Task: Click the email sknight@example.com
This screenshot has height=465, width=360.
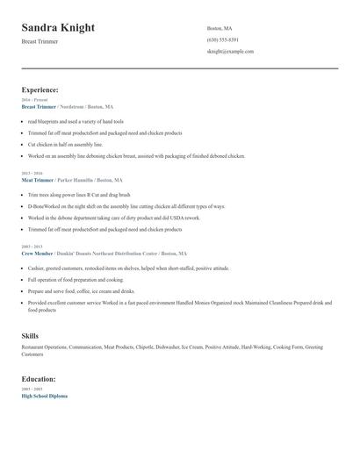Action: (230, 52)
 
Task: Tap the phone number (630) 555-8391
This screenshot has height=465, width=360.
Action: (222, 39)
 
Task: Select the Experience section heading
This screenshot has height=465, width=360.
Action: (40, 89)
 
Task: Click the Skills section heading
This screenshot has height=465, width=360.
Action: (30, 336)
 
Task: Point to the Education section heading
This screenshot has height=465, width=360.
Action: (39, 379)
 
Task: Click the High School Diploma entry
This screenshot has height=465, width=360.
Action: (44, 396)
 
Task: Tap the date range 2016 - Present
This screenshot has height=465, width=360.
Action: (34, 100)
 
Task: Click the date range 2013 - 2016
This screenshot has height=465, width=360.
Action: (32, 173)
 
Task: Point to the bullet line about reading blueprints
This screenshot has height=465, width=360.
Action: (76, 121)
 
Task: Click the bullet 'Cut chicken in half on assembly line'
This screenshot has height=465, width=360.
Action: (65, 144)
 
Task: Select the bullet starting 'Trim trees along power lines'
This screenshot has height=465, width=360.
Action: (79, 194)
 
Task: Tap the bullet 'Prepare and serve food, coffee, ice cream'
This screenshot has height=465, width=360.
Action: (81, 290)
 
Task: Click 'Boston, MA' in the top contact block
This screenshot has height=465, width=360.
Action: (220, 28)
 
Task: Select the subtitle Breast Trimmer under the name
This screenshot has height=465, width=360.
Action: (40, 41)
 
